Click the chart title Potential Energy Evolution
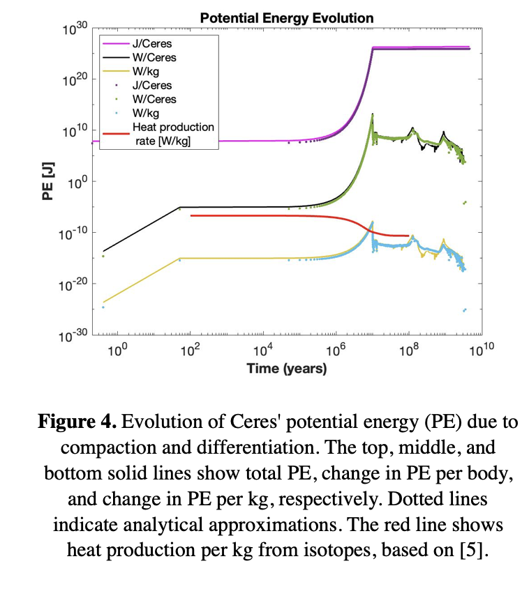tap(286, 18)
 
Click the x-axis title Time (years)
tap(286, 369)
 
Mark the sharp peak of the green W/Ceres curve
tap(373, 114)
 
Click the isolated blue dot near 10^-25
tap(464, 310)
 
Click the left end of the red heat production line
tap(191, 216)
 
